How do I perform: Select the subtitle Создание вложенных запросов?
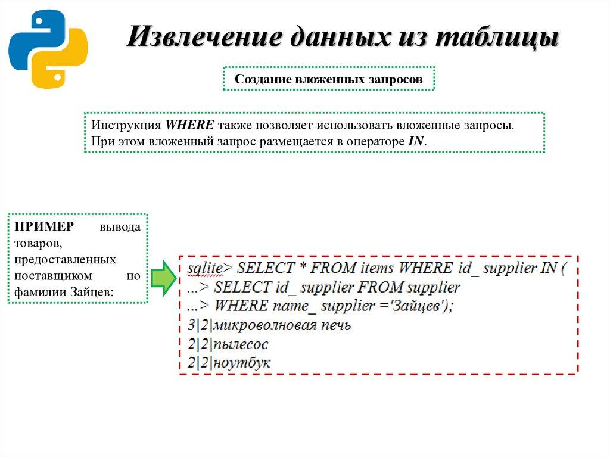(329, 79)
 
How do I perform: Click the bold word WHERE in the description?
(189, 126)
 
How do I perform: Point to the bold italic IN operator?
(416, 141)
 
